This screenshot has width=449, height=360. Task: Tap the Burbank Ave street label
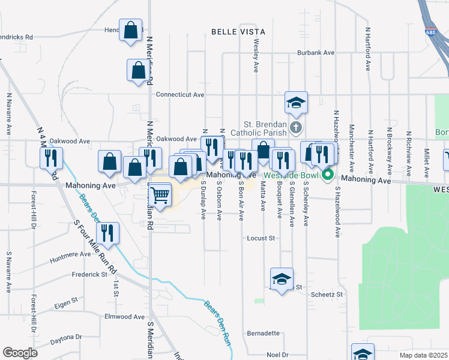316,53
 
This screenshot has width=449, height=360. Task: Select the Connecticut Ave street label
180,95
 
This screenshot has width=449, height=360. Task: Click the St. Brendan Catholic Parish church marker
295,127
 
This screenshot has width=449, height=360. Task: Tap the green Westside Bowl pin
328,175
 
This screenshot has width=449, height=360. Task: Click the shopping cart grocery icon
160,196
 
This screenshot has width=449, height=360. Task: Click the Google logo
20,353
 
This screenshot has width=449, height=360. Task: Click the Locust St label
261,238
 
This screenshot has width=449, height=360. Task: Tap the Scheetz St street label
327,295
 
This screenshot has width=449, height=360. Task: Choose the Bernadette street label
264,333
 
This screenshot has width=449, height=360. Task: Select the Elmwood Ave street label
125,316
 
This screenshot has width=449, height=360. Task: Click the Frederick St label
89,274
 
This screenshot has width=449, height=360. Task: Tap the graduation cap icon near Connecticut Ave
296,103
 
